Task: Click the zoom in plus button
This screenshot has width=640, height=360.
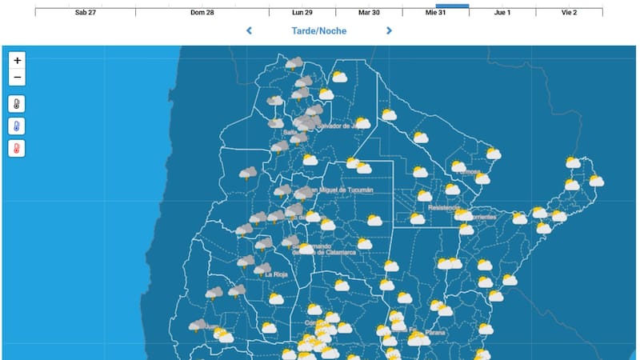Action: point(18,60)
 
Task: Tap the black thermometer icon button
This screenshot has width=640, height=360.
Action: point(18,104)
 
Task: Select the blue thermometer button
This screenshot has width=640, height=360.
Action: point(18,126)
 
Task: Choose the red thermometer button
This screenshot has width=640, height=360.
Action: point(18,149)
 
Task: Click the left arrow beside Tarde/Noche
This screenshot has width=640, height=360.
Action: point(249,31)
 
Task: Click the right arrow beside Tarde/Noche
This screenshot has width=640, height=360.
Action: point(390,31)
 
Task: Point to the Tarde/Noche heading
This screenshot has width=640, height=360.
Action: point(319,31)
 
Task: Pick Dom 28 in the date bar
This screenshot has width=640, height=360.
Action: point(202,13)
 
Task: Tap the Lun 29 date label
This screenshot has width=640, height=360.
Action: point(302,13)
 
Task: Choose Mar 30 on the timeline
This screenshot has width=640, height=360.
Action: point(369,13)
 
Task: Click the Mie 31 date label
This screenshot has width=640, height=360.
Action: point(436,13)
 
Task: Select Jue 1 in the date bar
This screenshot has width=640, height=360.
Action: point(502,13)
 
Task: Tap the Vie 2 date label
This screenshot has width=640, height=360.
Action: point(569,13)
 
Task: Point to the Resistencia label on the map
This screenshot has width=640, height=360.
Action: point(443,208)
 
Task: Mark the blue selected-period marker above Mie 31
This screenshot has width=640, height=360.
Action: point(452,6)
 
